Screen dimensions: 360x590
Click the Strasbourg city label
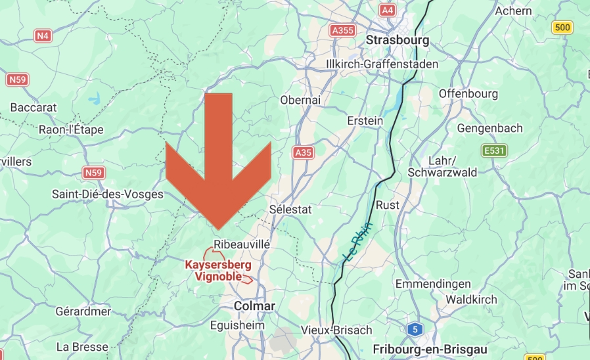(x=397, y=40)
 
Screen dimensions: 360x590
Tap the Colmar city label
(x=255, y=306)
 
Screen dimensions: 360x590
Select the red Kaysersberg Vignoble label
(x=218, y=270)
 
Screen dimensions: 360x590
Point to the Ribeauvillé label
(x=242, y=244)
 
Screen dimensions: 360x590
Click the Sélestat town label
(x=291, y=209)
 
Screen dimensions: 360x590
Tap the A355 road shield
(x=342, y=30)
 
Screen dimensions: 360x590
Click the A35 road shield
(x=303, y=152)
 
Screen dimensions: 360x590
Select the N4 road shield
(x=43, y=35)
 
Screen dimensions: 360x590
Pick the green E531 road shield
(x=494, y=151)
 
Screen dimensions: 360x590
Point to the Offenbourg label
(x=468, y=93)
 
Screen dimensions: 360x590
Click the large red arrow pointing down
(x=218, y=164)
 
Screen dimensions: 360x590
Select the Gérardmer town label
(x=83, y=311)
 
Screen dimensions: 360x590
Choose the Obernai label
(x=300, y=100)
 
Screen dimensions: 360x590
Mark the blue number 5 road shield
(x=414, y=329)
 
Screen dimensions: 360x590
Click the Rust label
(x=387, y=205)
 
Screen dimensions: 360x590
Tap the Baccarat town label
(x=34, y=107)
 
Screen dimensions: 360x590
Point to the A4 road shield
(x=388, y=11)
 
